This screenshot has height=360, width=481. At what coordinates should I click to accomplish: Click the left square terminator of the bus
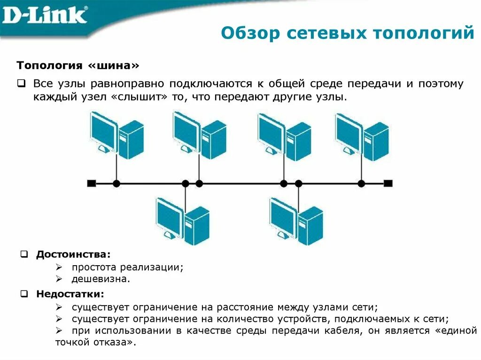(92, 184)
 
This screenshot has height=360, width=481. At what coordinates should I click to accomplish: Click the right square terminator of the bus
(388, 184)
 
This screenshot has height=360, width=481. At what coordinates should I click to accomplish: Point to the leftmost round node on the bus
(116, 184)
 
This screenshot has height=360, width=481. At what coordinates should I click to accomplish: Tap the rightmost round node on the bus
(361, 184)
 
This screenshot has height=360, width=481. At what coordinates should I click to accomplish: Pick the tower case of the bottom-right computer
(310, 226)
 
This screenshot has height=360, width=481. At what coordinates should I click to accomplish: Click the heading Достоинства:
(74, 254)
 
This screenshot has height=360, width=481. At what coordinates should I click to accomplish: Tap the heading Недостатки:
(70, 294)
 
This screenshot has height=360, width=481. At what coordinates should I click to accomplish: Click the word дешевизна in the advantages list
(99, 279)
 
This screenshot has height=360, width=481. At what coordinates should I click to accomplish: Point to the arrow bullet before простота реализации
(59, 267)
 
